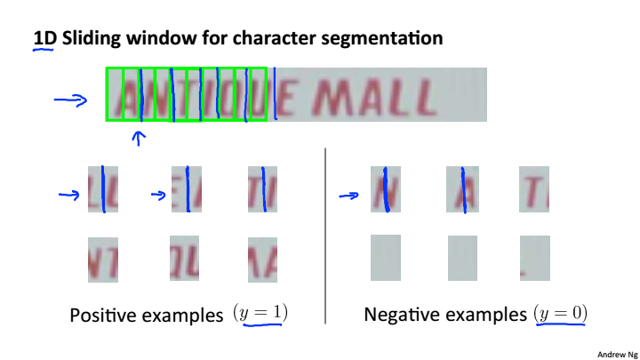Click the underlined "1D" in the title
pos(43,39)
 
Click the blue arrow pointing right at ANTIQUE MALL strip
pos(69,100)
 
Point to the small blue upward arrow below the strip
pos(138,137)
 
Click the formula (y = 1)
pos(260,313)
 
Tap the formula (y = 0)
pos(562,313)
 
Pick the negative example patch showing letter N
pos(386,188)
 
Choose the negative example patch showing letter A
pos(462,188)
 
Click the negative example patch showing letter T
pos(534,188)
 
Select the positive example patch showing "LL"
pos(103,188)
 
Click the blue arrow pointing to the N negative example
pos(349,196)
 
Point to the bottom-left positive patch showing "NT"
pos(103,259)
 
